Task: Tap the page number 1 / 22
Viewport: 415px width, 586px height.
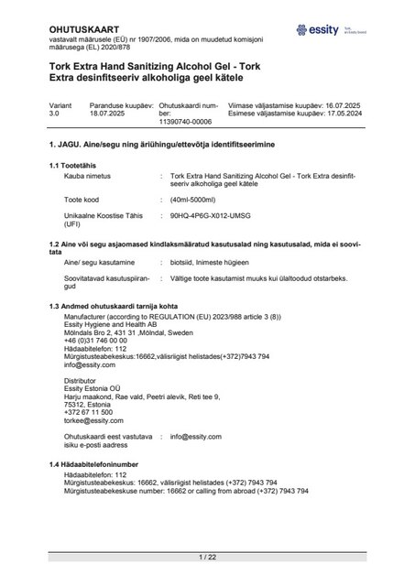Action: [207, 557]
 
